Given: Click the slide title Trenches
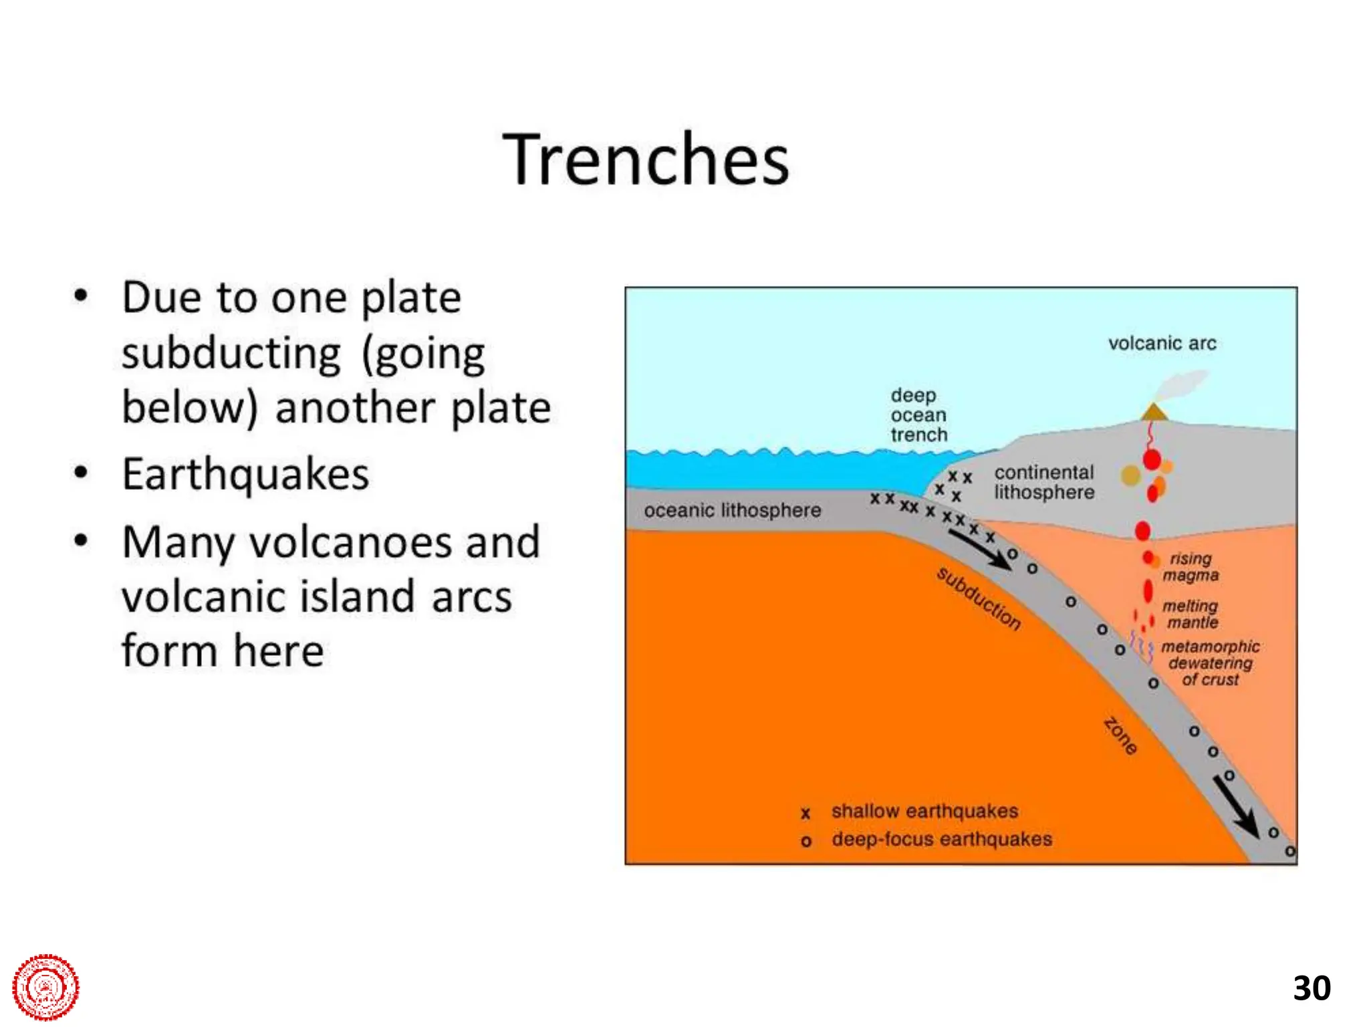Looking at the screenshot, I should (x=646, y=160).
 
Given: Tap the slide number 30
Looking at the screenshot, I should (x=1312, y=988).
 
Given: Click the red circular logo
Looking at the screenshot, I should (x=45, y=987).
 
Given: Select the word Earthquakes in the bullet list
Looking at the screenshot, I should (x=245, y=474).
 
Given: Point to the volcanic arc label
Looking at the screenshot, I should (x=1162, y=344).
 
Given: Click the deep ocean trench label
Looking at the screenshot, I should (x=918, y=415).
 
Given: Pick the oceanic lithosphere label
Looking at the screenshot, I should (x=732, y=511).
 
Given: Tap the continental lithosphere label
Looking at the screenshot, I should (x=1043, y=482).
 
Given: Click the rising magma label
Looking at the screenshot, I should (x=1191, y=567).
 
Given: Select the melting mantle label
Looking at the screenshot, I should (x=1191, y=614).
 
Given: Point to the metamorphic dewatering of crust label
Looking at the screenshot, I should (x=1210, y=663).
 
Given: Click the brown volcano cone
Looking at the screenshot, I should (x=1154, y=413).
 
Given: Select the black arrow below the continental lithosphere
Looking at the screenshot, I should (x=980, y=550).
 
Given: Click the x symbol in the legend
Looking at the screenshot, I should (x=805, y=814).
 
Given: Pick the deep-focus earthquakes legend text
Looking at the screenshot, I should (x=941, y=839).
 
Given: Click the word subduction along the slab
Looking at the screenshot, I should (x=979, y=599).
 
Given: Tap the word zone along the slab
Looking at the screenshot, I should (x=1120, y=735).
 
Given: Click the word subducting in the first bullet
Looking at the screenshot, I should (x=231, y=353).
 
